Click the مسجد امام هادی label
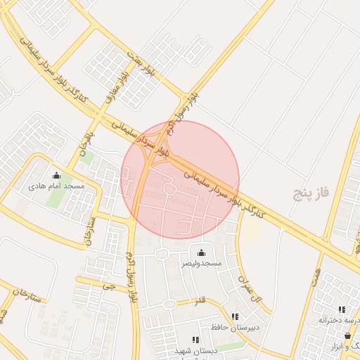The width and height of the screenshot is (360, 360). tap(56, 186)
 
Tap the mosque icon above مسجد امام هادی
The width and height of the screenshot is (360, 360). tap(56, 176)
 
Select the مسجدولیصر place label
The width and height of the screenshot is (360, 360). tap(202, 263)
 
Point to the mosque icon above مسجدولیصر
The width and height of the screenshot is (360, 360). tap(202, 252)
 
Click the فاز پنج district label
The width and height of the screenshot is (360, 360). tap(312, 191)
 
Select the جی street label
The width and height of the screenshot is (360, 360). tap(108, 286)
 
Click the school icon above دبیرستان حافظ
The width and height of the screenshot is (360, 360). tap(235, 316)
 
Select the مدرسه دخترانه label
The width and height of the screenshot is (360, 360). tap(340, 320)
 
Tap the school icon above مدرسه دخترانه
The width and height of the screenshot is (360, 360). tap(342, 309)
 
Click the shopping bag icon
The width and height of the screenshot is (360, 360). tap(347, 336)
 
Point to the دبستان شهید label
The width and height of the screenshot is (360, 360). tap(196, 349)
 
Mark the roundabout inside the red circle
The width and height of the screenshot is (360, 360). tap(169, 188)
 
